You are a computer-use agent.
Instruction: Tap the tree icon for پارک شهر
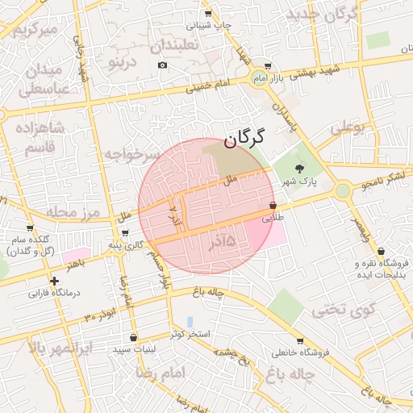click(x=300, y=169)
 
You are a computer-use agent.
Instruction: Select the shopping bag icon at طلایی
click(x=273, y=206)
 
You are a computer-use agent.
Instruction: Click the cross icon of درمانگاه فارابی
click(x=54, y=282)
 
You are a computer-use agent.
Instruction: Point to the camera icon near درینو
click(x=162, y=65)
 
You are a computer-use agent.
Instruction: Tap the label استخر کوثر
click(x=190, y=333)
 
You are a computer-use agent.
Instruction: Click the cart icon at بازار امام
click(x=268, y=68)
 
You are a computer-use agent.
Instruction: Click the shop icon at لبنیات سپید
click(x=133, y=337)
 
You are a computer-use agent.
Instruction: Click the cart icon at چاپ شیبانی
click(x=208, y=14)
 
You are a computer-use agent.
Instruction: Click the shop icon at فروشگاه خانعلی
click(x=300, y=341)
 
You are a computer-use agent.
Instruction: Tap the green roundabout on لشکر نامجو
click(x=343, y=190)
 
